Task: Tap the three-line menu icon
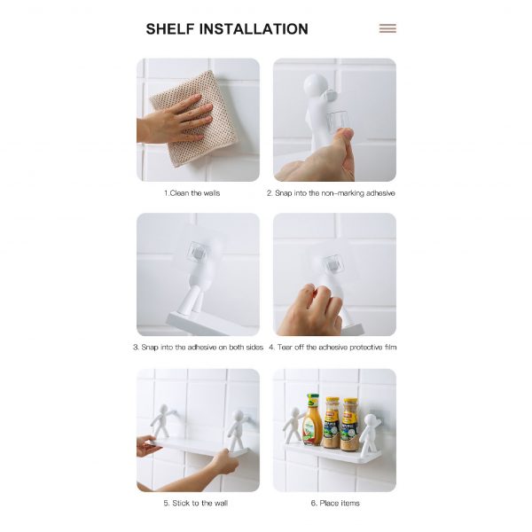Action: click(x=387, y=28)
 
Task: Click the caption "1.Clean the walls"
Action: click(x=192, y=193)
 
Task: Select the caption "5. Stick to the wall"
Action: click(x=195, y=503)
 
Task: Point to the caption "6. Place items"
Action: click(x=335, y=503)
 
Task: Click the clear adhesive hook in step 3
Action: click(x=198, y=253)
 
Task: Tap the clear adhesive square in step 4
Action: click(x=332, y=264)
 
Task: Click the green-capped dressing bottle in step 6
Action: click(x=312, y=419)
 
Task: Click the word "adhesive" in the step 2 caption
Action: click(x=380, y=193)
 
